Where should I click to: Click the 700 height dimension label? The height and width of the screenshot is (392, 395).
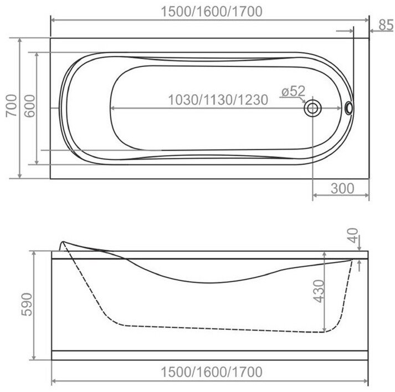(x=12, y=106)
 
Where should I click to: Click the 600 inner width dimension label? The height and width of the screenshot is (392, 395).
(x=30, y=106)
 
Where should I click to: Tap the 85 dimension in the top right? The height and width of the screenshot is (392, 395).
(x=386, y=25)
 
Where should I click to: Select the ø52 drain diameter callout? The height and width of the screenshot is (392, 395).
(x=294, y=91)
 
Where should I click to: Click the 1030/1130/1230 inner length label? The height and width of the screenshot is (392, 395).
(x=218, y=100)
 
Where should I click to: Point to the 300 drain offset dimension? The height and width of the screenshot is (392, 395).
(x=342, y=188)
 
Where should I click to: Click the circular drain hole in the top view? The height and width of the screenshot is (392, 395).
(x=312, y=109)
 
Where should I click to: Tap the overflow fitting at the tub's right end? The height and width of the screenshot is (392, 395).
(x=349, y=108)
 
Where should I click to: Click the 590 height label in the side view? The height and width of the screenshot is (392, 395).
(x=27, y=305)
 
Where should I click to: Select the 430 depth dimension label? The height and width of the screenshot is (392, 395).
(x=319, y=291)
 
